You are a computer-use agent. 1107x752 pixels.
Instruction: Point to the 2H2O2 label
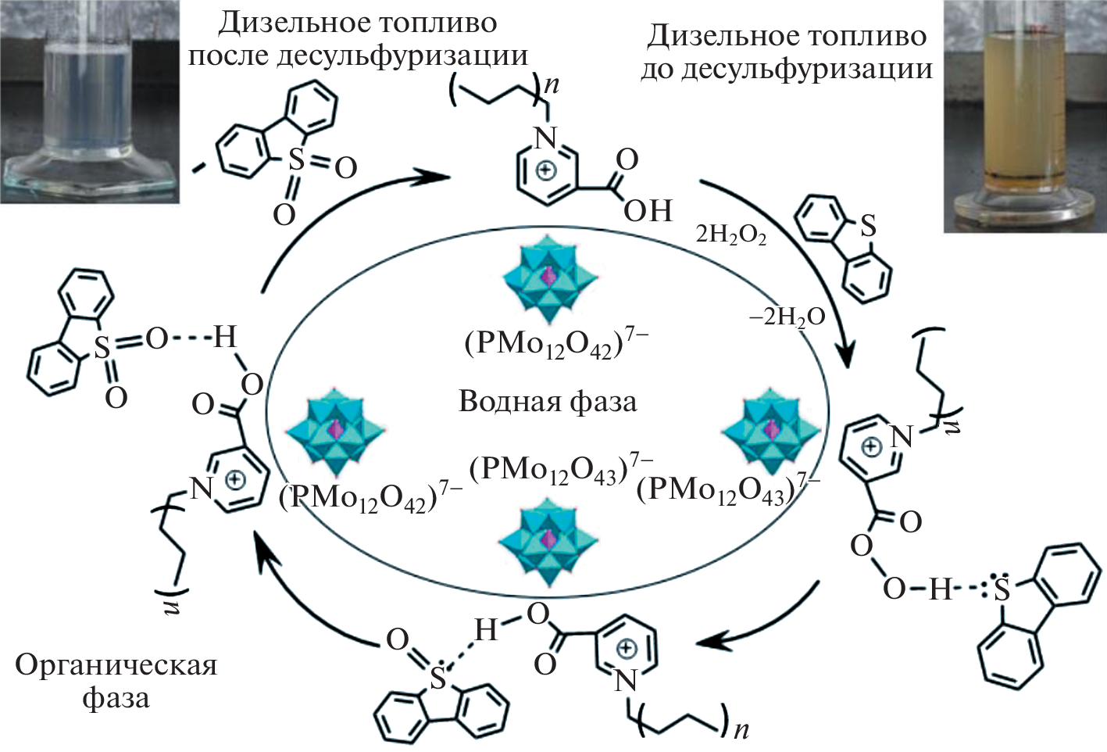pos(730,235)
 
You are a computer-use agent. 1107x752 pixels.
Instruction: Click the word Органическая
pos(116,665)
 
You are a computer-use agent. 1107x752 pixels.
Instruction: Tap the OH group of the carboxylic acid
pos(648,210)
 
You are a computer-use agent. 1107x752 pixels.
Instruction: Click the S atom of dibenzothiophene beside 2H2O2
pos(867,227)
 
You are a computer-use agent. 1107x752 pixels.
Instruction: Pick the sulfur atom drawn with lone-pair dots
pos(1002,590)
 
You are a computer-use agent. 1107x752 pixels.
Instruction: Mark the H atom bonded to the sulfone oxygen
pos(224,338)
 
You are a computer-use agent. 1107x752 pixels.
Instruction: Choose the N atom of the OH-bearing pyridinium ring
pos(546,138)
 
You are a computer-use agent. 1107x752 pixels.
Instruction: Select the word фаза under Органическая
pos(116,698)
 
